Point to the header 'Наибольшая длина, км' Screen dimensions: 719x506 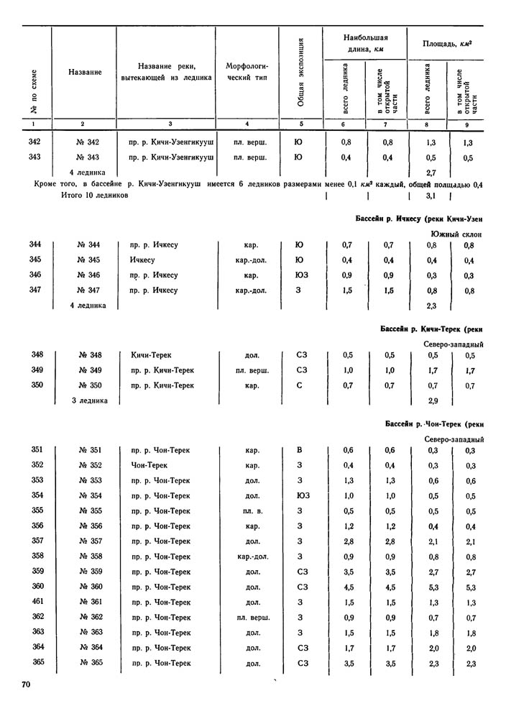click(x=364, y=43)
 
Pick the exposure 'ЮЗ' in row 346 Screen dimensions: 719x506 click(x=299, y=275)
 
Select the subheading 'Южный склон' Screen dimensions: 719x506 click(x=456, y=234)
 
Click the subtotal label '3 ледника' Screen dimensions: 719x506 click(x=89, y=400)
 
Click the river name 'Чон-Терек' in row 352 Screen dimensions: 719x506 click(x=149, y=465)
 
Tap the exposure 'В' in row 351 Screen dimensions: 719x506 click(x=300, y=450)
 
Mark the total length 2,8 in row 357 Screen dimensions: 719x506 click(x=346, y=541)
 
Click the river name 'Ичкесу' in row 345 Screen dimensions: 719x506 click(x=144, y=260)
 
